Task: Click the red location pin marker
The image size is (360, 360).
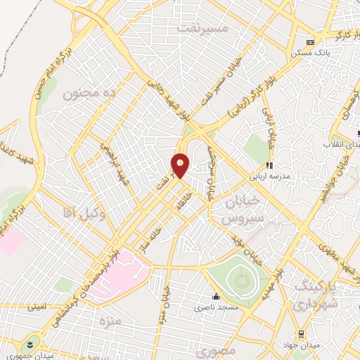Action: coord(181,165)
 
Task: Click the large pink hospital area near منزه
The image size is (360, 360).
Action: coord(116,274)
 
